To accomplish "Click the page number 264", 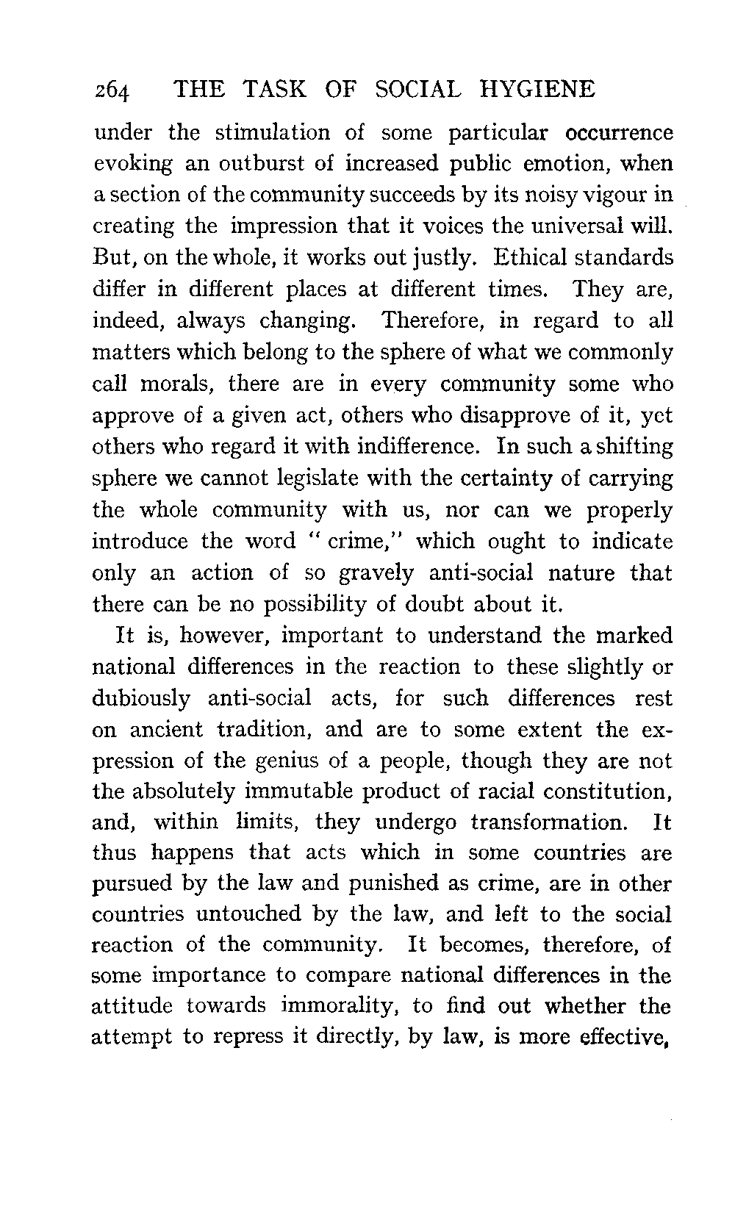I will (112, 92).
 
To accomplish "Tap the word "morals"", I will (187, 384).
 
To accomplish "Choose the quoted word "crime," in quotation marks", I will (360, 542).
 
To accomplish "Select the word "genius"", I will (292, 761).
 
